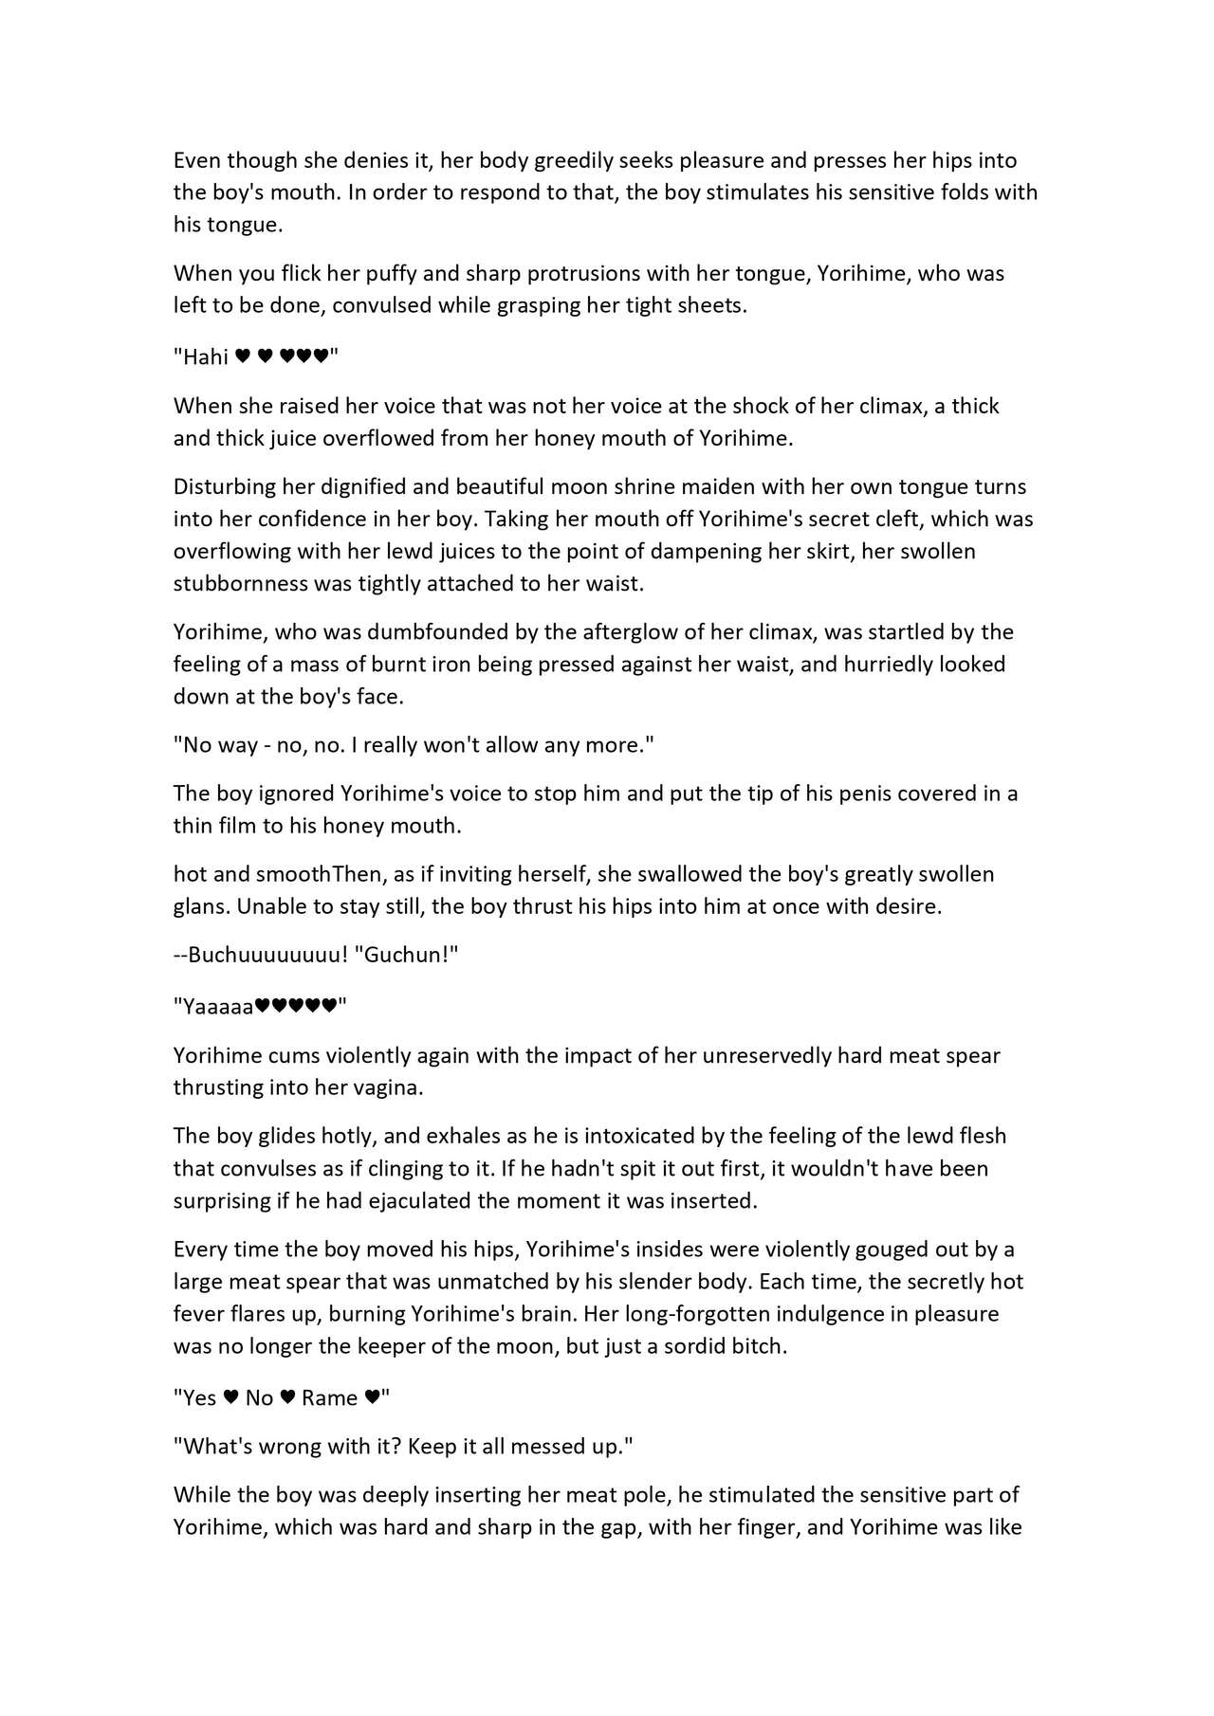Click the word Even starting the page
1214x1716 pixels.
(196, 161)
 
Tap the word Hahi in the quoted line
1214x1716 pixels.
(207, 357)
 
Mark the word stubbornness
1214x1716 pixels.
(240, 584)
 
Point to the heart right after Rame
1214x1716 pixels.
(373, 1398)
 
